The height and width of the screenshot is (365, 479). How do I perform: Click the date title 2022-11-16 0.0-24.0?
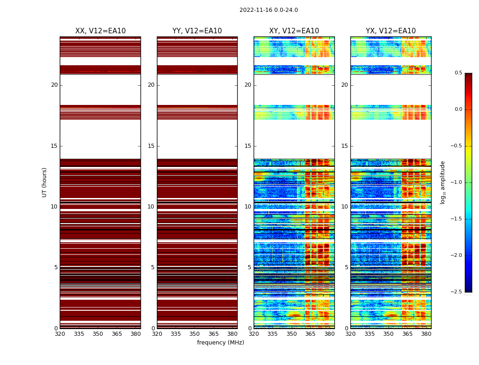[268, 10]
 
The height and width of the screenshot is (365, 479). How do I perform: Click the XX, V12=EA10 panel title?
[100, 31]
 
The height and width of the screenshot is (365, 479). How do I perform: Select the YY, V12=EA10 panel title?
[197, 31]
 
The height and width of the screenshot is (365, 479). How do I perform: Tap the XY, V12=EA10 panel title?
[294, 31]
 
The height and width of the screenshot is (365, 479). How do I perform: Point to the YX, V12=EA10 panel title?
[390, 31]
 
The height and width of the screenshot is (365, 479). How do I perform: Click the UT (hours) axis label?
[45, 182]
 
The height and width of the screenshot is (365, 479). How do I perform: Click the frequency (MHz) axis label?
[220, 343]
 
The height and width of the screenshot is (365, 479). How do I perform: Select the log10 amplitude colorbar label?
[443, 182]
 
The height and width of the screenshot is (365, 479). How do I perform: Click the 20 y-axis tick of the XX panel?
[54, 85]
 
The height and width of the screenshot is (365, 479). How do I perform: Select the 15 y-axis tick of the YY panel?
[151, 146]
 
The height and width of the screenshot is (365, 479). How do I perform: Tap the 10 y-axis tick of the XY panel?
[248, 207]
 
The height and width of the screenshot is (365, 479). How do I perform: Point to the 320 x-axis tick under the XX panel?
[60, 334]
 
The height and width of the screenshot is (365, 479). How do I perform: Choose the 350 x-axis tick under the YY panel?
[194, 334]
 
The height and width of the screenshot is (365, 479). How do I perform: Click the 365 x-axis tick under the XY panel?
[310, 334]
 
